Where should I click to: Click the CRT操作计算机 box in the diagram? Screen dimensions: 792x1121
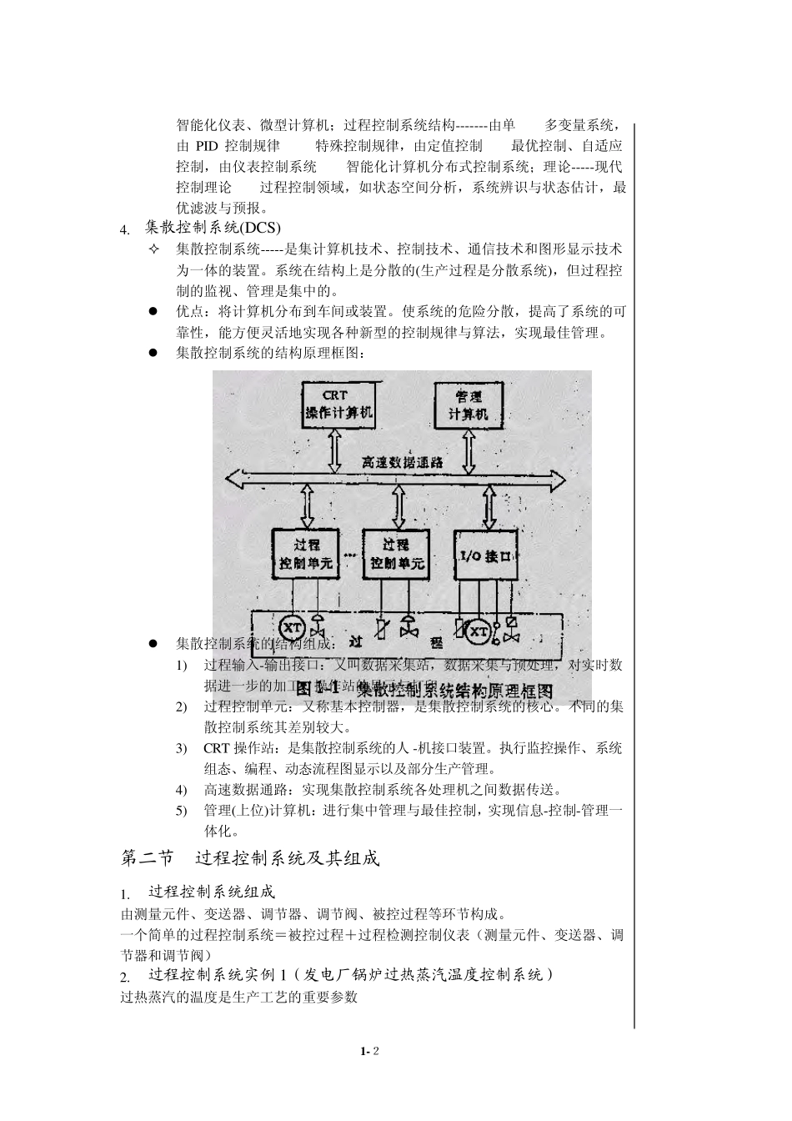pyautogui.click(x=338, y=405)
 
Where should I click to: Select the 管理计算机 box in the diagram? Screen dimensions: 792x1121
pyautogui.click(x=469, y=405)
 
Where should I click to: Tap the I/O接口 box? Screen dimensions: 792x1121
pyautogui.click(x=487, y=555)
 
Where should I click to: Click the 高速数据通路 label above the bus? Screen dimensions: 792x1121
pyautogui.click(x=402, y=461)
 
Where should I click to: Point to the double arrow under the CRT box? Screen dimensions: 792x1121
pyautogui.click(x=335, y=451)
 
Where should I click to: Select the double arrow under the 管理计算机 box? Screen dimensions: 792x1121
pyautogui.click(x=469, y=452)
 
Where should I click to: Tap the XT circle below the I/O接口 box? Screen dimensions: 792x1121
pyautogui.click(x=479, y=632)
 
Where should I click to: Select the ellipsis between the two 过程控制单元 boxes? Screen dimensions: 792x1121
pyautogui.click(x=349, y=554)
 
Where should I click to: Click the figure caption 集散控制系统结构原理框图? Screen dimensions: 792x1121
pyautogui.click(x=424, y=690)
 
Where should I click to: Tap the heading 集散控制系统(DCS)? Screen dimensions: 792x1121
pyautogui.click(x=213, y=227)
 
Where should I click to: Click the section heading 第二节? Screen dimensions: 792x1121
pyautogui.click(x=148, y=858)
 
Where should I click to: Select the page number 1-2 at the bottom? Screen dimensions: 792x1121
pyautogui.click(x=370, y=1052)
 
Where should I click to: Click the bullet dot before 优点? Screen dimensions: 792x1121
pyautogui.click(x=153, y=312)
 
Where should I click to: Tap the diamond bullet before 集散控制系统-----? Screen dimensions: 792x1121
pyautogui.click(x=153, y=249)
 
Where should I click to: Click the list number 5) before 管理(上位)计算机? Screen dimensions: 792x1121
pyautogui.click(x=181, y=811)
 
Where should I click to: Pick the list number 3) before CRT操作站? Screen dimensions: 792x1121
pyautogui.click(x=181, y=748)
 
